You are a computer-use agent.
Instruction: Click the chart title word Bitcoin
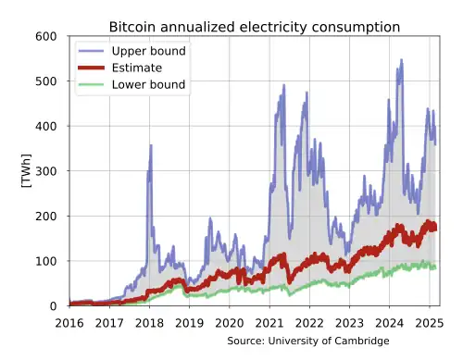[133, 28]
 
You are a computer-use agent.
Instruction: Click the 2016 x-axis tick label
[69, 323]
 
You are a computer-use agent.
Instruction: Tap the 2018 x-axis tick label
[149, 323]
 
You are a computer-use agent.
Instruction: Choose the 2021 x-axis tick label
[269, 323]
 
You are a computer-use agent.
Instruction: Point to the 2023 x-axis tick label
[349, 323]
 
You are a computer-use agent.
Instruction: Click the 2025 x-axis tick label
[429, 323]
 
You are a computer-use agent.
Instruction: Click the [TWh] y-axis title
[25, 171]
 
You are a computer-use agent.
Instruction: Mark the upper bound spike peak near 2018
[150, 146]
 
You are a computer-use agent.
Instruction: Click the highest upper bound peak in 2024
[401, 61]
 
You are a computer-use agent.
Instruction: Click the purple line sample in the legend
[93, 51]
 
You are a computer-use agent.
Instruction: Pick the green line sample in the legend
[93, 85]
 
